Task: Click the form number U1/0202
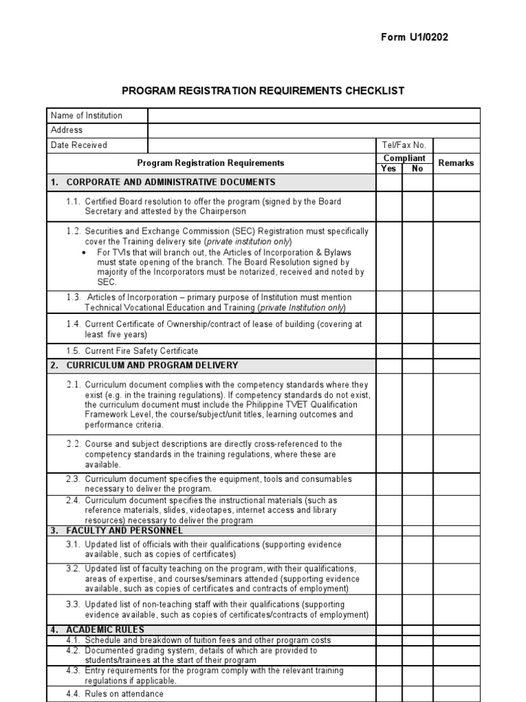click(414, 37)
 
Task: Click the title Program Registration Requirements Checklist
click(263, 90)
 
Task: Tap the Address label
click(66, 130)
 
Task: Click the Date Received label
click(79, 145)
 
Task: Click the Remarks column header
click(455, 163)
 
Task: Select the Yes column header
click(388, 169)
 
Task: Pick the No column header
click(417, 169)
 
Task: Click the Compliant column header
click(404, 158)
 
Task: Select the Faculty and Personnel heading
click(125, 531)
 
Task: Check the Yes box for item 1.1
click(388, 206)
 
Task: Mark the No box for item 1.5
click(417, 350)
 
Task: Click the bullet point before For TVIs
click(84, 252)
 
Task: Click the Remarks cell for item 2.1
click(455, 404)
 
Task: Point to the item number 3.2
click(74, 568)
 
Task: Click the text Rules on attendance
click(124, 694)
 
